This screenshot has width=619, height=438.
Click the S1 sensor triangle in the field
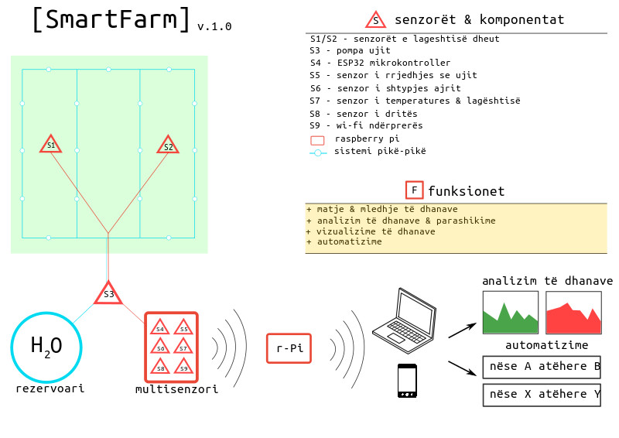click(51, 145)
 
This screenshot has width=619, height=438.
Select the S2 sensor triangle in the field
click(168, 145)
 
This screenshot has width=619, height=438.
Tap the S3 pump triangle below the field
click(108, 294)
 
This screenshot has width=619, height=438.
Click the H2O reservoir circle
click(46, 347)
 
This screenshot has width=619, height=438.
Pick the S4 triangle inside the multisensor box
click(160, 327)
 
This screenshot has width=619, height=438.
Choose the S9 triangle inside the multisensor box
click(183, 368)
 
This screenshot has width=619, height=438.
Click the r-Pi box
click(289, 348)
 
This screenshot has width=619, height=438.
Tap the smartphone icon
click(407, 380)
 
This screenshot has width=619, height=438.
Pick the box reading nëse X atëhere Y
click(542, 395)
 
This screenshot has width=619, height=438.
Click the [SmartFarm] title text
click(111, 19)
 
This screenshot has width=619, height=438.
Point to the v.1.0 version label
click(214, 27)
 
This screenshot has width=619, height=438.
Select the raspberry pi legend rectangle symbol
click(317, 141)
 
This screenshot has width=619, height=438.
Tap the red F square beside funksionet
click(414, 190)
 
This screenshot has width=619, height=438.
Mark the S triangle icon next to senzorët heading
click(376, 21)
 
